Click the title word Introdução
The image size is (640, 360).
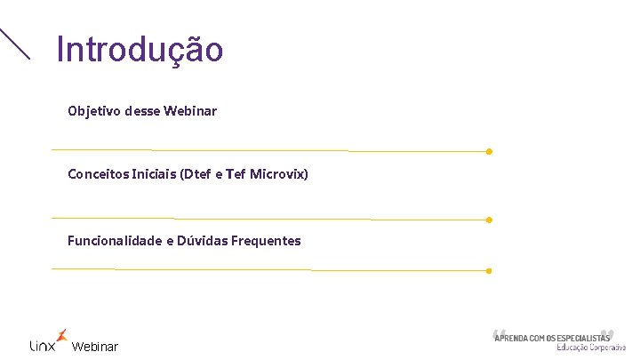[140, 50]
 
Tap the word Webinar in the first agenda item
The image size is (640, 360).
[190, 112]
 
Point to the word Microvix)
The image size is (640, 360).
[279, 174]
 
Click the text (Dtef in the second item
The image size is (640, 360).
[197, 174]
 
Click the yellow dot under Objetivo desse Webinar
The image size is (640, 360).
[489, 151]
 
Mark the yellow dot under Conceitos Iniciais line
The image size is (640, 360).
[489, 220]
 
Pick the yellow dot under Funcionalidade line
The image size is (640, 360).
[489, 270]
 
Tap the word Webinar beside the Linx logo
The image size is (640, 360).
[94, 347]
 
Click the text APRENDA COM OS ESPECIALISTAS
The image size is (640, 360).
[552, 338]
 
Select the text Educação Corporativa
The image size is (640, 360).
[591, 348]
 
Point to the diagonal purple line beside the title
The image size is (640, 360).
[14, 44]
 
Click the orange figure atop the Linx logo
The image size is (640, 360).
[60, 334]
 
